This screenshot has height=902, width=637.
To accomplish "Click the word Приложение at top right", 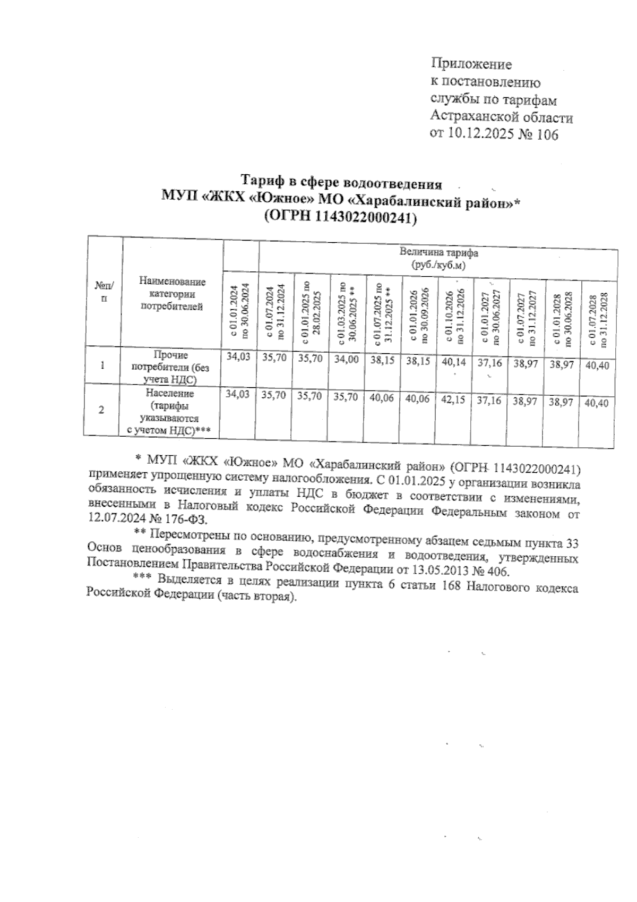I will click(x=471, y=65).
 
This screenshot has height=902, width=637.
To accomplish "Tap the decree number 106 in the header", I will click(x=547, y=135).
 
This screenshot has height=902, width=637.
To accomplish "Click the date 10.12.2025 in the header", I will click(x=480, y=135).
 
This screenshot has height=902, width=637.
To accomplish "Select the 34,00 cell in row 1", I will click(x=346, y=360).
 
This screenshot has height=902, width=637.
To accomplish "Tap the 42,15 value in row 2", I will click(x=453, y=399).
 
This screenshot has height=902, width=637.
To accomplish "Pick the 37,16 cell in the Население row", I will click(x=489, y=400).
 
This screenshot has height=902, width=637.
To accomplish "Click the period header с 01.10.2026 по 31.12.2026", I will click(x=455, y=316).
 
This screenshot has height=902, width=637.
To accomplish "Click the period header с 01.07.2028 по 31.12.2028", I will click(x=599, y=319).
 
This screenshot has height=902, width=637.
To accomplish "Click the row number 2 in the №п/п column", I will click(x=102, y=410).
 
